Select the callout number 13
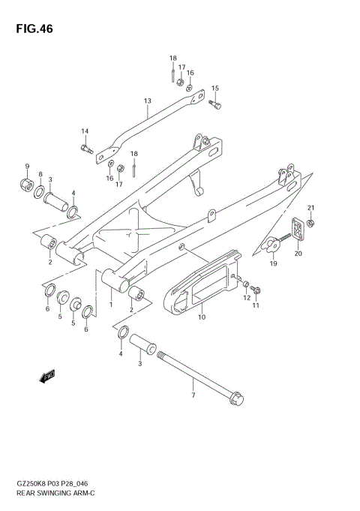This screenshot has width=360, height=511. (x=148, y=101)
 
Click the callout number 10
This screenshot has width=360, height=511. (x=201, y=317)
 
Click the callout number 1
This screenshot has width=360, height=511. (x=111, y=305)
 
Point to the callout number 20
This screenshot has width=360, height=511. (x=298, y=254)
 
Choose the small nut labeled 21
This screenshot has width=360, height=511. (x=312, y=222)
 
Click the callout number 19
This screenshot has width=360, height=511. (x=274, y=264)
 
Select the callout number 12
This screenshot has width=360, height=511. (x=245, y=299)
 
